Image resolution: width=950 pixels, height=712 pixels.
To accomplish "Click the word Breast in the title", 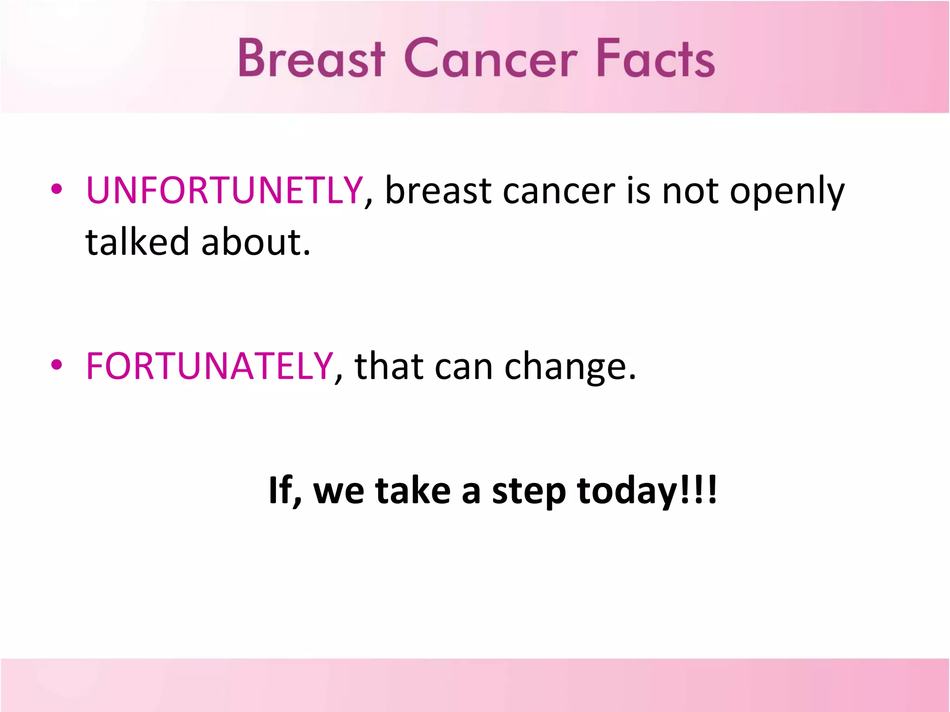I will click(x=311, y=58).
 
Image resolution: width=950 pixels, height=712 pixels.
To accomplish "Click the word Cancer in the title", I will click(x=491, y=58).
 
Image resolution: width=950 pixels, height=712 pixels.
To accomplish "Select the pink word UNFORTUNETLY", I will click(x=224, y=191).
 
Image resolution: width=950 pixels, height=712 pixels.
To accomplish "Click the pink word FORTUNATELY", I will click(x=209, y=366).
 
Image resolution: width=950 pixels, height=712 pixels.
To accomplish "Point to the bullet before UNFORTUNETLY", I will click(x=57, y=189).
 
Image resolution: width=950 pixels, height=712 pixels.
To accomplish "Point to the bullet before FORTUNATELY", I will click(x=57, y=365).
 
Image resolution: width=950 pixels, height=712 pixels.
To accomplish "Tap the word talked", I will click(x=137, y=242).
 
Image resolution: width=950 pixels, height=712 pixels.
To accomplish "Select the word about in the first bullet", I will click(x=255, y=243).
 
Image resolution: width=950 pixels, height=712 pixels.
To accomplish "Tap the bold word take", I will click(x=412, y=490).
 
